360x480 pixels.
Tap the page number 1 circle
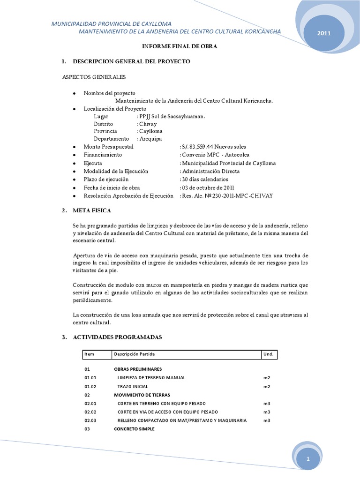309,461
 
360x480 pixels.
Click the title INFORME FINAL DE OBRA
180,47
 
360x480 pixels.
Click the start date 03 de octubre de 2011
210,187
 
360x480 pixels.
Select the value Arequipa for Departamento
150,139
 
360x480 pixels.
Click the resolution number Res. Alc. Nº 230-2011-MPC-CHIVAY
227,195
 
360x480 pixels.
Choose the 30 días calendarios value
204,180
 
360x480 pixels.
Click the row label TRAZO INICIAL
133,387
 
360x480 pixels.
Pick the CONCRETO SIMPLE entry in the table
134,429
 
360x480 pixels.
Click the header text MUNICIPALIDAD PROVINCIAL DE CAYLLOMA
111,23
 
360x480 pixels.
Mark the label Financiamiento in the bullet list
103,155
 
